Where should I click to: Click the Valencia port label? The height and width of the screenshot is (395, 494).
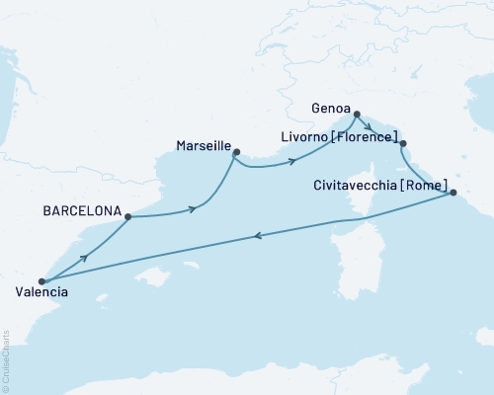[42, 292]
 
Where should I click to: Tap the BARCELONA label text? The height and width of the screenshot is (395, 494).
[83, 211]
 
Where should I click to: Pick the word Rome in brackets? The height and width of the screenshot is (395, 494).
[431, 185]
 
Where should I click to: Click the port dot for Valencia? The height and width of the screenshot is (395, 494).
[41, 280]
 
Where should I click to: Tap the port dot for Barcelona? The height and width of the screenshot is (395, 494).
[128, 216]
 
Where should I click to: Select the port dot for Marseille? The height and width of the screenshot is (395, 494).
[235, 151]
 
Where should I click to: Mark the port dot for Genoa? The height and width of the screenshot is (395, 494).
[357, 113]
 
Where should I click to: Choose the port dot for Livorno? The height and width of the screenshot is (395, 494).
[402, 144]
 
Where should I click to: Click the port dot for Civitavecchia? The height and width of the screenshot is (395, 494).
[453, 195]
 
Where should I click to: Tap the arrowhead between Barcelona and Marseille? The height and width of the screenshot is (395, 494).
[193, 208]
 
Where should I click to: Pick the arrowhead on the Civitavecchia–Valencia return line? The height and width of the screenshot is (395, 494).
[258, 235]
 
